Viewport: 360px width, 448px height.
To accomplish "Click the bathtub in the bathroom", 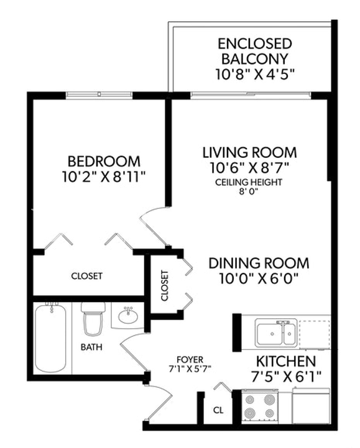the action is pyautogui.click(x=51, y=338).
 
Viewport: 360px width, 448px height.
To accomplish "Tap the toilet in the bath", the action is pyautogui.click(x=93, y=319).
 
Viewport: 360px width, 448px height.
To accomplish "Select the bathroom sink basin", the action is pyautogui.click(x=128, y=315).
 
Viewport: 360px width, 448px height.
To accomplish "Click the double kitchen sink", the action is pyautogui.click(x=275, y=333).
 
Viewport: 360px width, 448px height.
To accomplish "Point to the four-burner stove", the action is pyautogui.click(x=260, y=406).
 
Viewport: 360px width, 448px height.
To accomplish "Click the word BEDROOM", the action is pyautogui.click(x=104, y=162).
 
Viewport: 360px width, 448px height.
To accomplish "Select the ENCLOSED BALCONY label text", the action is pyautogui.click(x=255, y=51).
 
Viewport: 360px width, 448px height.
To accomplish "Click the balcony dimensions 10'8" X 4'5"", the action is pyautogui.click(x=255, y=75).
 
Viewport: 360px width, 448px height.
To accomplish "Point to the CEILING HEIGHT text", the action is pyautogui.click(x=249, y=182).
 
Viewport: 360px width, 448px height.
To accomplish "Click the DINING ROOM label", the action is pyautogui.click(x=259, y=263).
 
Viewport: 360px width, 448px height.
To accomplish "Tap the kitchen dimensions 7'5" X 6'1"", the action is pyautogui.click(x=286, y=377).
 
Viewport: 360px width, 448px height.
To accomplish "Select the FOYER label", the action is pyautogui.click(x=190, y=359).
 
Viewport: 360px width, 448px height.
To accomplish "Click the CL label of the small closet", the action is pyautogui.click(x=218, y=410).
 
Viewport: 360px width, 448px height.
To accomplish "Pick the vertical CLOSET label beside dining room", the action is pyautogui.click(x=165, y=286).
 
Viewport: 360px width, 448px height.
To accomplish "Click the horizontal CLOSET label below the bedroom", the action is pyautogui.click(x=86, y=276).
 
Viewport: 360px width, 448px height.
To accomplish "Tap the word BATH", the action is pyautogui.click(x=91, y=347).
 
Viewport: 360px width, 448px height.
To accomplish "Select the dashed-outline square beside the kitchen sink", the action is pyautogui.click(x=315, y=334).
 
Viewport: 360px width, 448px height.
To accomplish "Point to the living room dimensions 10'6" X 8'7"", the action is pyautogui.click(x=249, y=168).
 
